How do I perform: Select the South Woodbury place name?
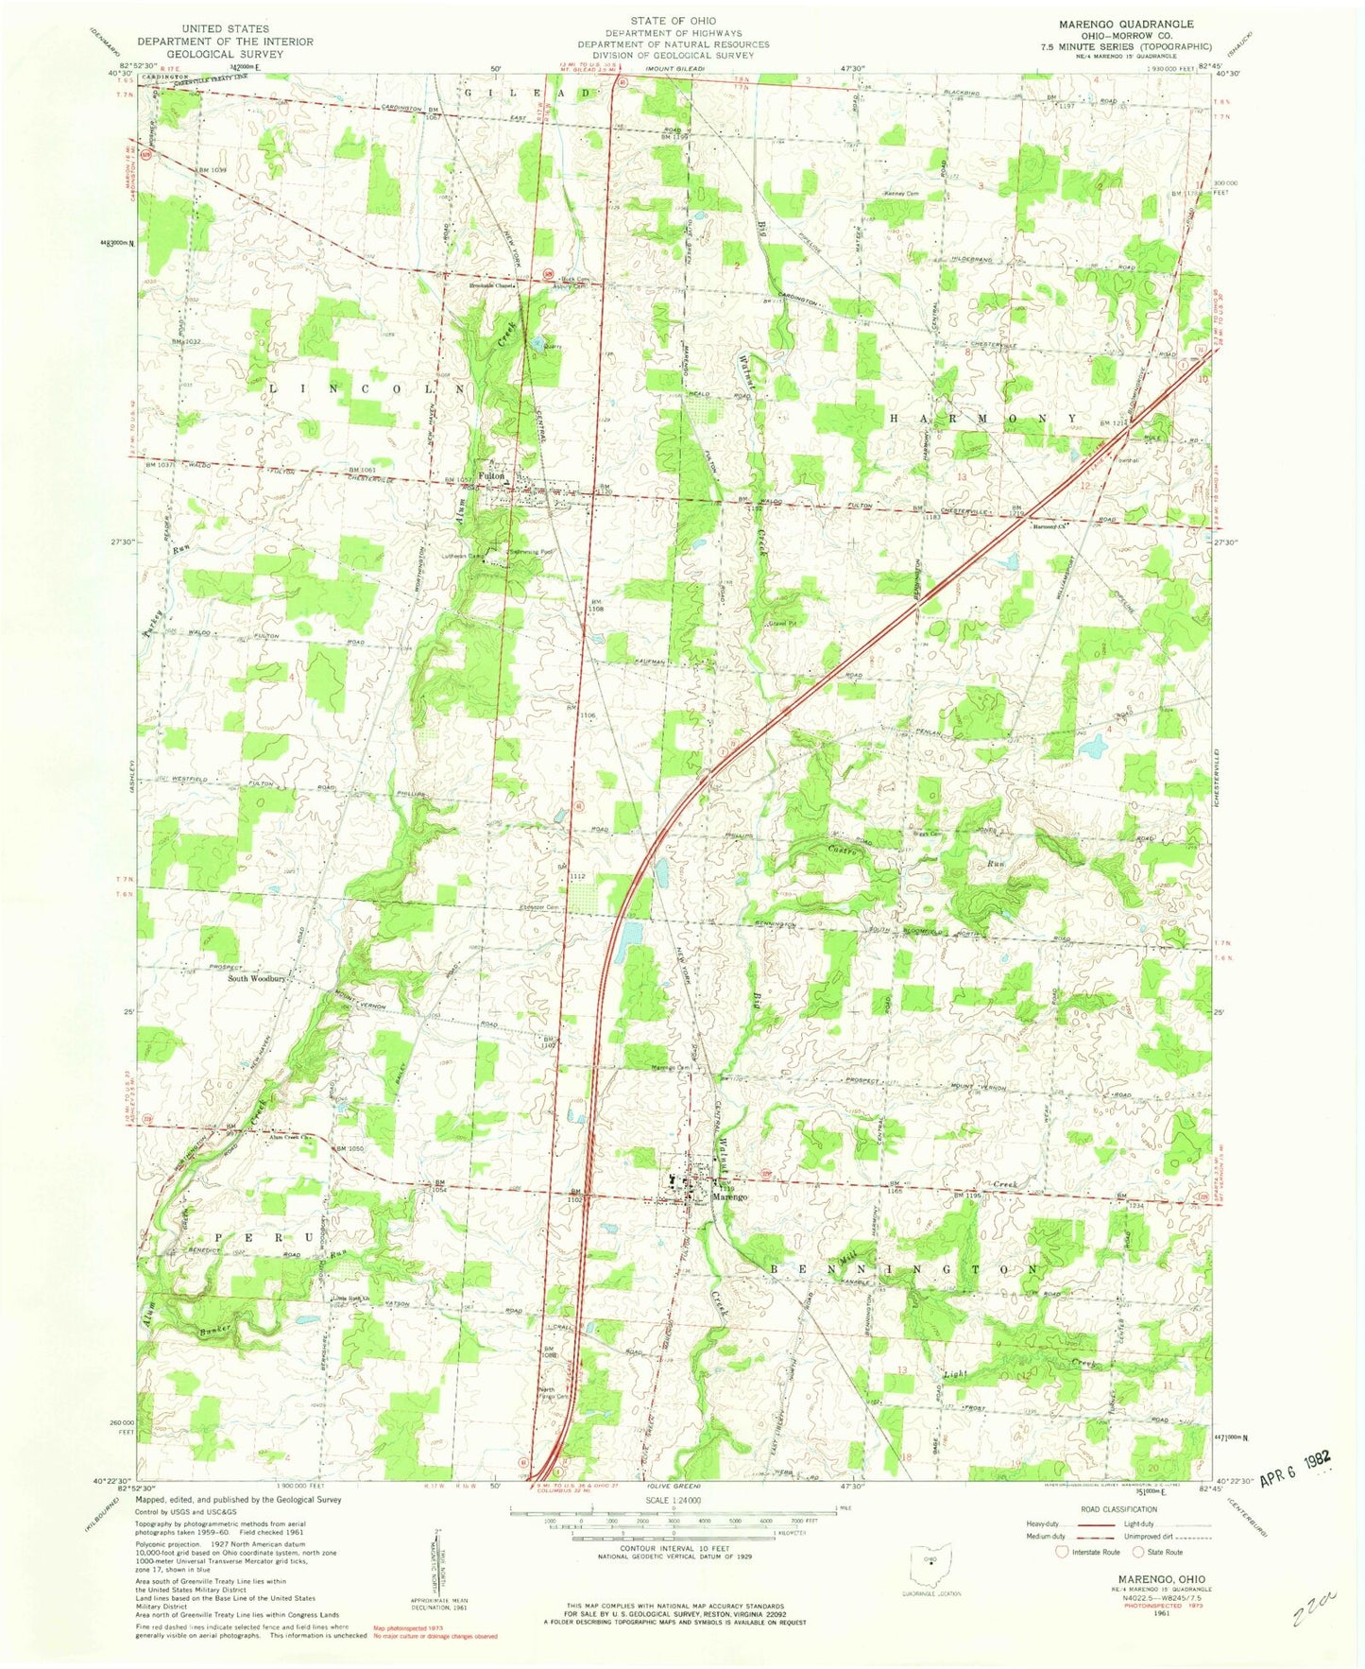pyautogui.click(x=256, y=979)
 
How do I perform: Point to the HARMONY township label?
pyautogui.click(x=982, y=417)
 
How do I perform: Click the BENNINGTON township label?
pyautogui.click(x=905, y=1267)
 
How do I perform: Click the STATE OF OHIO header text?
pyautogui.click(x=674, y=20)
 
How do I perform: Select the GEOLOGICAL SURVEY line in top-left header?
pyautogui.click(x=225, y=55)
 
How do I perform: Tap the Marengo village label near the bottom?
pyautogui.click(x=729, y=1196)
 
